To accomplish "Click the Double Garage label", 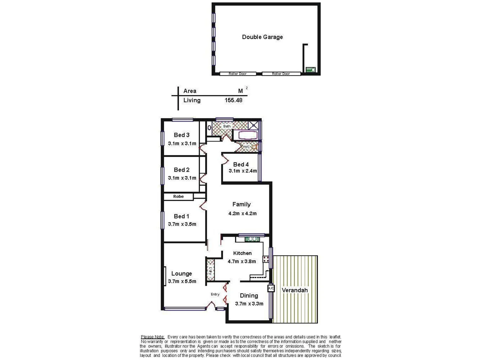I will click(262, 37).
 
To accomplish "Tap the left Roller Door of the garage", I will click(238, 74).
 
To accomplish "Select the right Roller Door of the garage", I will click(281, 74).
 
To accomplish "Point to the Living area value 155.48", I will click(233, 100).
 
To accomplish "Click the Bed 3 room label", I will click(182, 135).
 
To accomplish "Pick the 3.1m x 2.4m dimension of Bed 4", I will click(243, 171).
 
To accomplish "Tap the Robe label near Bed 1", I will click(178, 197).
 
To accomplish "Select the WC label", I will click(247, 147).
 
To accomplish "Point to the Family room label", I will click(241, 204).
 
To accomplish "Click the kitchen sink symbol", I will click(252, 239).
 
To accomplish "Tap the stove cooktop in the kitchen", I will click(266, 259).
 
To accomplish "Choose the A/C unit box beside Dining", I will click(271, 288).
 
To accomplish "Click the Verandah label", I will click(295, 290).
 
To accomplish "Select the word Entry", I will click(215, 294).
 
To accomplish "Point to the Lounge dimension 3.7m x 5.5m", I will click(182, 281).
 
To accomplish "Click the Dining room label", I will click(249, 296).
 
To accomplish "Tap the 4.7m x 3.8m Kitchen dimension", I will click(242, 262).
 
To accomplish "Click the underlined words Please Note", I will click(152, 337).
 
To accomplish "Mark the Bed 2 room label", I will click(182, 170).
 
